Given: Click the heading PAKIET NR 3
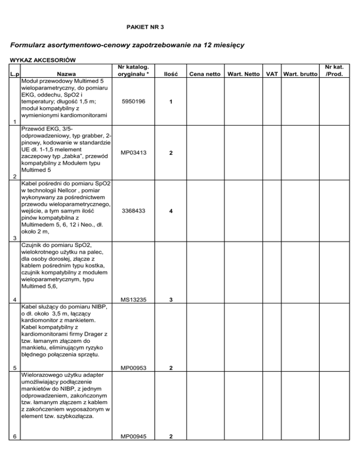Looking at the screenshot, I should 145,28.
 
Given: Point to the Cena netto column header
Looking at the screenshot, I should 204,74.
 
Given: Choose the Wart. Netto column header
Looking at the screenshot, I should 244,74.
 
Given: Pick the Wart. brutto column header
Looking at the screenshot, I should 300,74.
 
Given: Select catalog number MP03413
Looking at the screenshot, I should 133,152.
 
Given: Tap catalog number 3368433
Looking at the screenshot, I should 133,211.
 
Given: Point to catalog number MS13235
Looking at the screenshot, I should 133,299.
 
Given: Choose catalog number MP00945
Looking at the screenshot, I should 133,436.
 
